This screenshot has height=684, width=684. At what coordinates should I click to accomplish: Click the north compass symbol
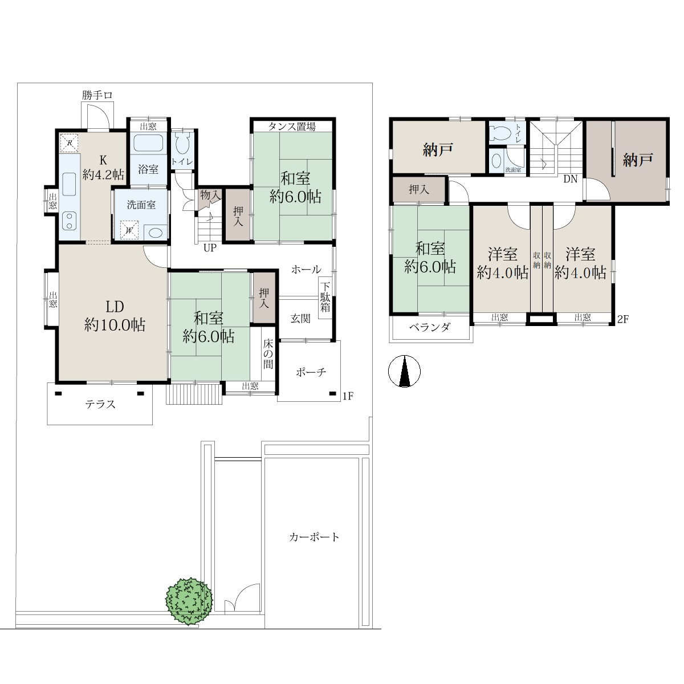(x=404, y=371)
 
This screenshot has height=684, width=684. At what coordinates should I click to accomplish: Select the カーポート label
(x=314, y=537)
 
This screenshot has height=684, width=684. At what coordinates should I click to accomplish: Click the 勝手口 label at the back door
(x=97, y=95)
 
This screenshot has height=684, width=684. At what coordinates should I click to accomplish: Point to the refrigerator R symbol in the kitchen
(x=70, y=142)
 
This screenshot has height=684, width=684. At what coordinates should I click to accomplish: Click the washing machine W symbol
(x=129, y=230)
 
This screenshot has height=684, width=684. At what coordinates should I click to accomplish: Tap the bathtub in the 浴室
(x=148, y=142)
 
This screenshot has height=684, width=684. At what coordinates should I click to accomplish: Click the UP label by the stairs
(x=210, y=248)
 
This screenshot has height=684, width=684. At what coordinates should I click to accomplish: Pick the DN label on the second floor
(x=571, y=179)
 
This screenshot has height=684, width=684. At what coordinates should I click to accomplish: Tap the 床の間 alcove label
(x=268, y=354)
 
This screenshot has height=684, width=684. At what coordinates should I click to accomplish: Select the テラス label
(x=100, y=404)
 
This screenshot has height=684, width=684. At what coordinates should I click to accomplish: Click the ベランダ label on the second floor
(x=430, y=327)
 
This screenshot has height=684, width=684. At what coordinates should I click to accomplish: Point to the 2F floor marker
(x=623, y=319)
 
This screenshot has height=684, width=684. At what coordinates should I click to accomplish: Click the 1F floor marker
(x=348, y=396)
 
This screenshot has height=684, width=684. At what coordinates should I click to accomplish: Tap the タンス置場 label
(x=291, y=127)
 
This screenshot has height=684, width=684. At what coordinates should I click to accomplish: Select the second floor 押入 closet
(x=419, y=190)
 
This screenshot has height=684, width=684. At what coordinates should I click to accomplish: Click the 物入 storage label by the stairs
(x=210, y=194)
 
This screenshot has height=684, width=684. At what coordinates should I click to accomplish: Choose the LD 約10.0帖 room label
(x=115, y=316)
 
